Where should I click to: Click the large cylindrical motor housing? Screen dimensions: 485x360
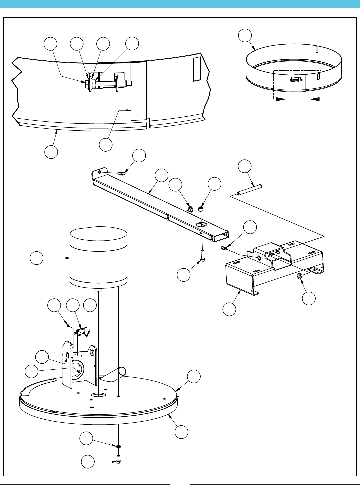pos(98,257)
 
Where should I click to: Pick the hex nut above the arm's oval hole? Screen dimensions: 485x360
pos(201,209)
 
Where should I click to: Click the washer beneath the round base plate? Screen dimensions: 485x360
pos(119,446)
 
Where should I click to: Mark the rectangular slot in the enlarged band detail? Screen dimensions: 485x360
pos(197,69)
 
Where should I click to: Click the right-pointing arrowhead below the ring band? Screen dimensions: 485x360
pos(281,99)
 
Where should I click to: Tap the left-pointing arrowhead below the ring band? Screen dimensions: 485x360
pos(315,99)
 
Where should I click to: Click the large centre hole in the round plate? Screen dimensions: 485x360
pos(98,395)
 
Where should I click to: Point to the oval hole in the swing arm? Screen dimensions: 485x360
pos(201,225)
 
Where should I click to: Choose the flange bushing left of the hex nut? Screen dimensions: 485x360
pos(191,209)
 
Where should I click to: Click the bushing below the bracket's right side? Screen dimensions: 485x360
pos(300,276)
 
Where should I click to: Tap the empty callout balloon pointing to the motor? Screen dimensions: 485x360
pos(36,258)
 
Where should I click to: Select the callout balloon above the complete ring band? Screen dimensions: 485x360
pos(245,36)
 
